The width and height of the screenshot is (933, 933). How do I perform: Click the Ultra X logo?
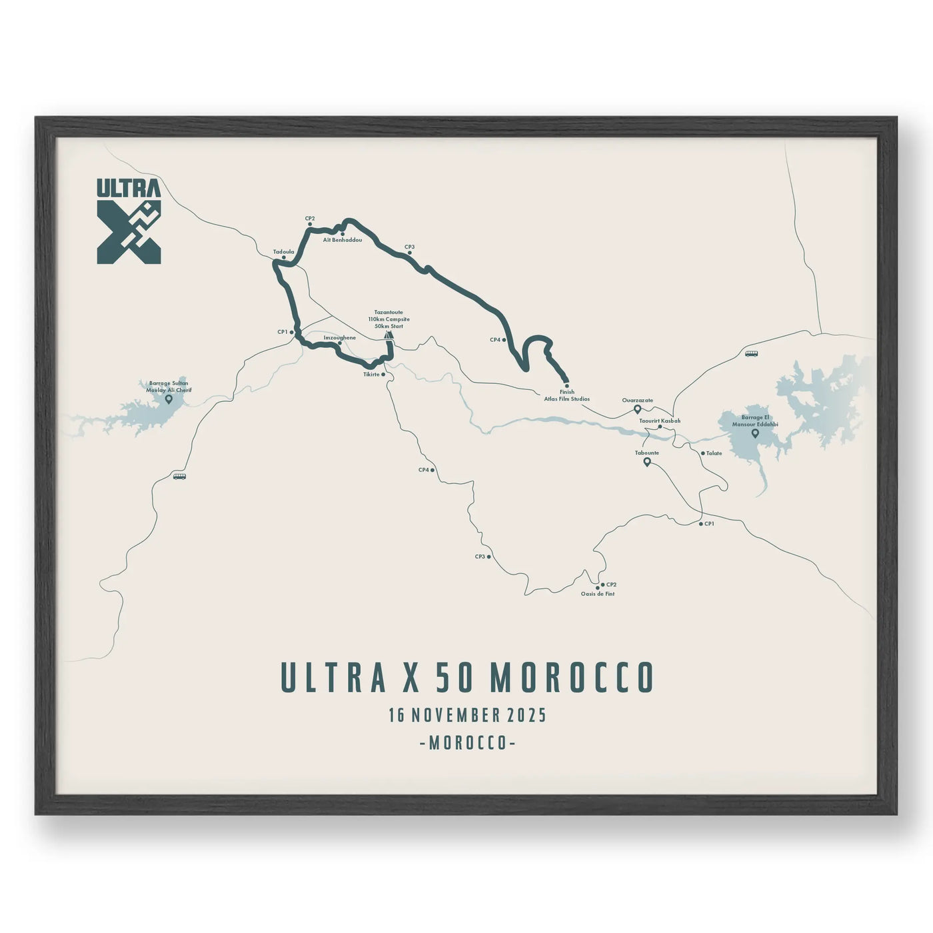pos(129,220)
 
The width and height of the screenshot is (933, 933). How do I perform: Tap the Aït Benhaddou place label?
pos(342,239)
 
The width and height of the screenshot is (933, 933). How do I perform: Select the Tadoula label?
pos(283,252)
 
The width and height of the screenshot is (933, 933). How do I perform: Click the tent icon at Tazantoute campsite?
pos(389,335)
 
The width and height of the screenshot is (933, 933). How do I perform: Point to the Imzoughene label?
pos(339,338)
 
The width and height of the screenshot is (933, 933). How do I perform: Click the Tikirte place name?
pos(371,375)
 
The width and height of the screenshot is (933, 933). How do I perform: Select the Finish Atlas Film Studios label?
pos(566,396)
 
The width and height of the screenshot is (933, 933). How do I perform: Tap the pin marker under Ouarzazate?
pos(637,409)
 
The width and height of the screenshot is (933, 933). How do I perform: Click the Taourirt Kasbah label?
pos(660,421)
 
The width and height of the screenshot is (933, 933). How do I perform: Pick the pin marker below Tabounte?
pos(646,461)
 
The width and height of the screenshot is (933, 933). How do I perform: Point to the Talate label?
pos(714,453)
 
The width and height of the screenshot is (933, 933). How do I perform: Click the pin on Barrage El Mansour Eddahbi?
pos(755,433)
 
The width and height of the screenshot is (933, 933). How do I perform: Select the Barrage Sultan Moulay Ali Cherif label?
pos(169,387)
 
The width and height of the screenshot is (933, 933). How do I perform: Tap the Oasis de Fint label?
pos(597,594)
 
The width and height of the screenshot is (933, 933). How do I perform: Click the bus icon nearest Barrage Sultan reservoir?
pos(179,476)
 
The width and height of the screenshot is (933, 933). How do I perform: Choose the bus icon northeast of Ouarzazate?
pos(751,354)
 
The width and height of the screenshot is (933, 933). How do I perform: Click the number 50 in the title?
pos(457,678)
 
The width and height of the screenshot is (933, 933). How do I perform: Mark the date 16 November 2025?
pos(467,716)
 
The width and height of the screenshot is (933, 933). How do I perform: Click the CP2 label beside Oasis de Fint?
pos(611,584)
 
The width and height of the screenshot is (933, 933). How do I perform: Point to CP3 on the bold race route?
pos(409,247)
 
